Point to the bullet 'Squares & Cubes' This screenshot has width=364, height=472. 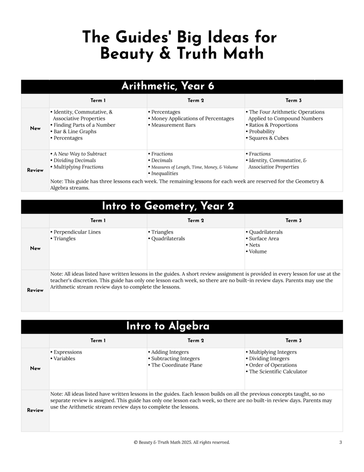pos(268,138)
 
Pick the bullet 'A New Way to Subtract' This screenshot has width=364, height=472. pos(79,154)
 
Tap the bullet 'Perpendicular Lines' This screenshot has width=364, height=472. pos(75,232)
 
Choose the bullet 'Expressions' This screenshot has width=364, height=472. pos(66,352)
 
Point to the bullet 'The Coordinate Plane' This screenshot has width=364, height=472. pos(174,365)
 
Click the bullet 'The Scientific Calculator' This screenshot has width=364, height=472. pos(276,371)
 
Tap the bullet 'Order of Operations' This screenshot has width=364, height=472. pos(271,365)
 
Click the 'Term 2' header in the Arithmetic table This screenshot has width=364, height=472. pos(196,101)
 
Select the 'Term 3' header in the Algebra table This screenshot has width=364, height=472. pos(294,341)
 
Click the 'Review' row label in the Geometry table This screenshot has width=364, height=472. pos(35,291)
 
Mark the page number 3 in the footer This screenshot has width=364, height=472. pos(340,442)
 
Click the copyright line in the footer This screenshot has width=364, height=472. pos(182,442)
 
